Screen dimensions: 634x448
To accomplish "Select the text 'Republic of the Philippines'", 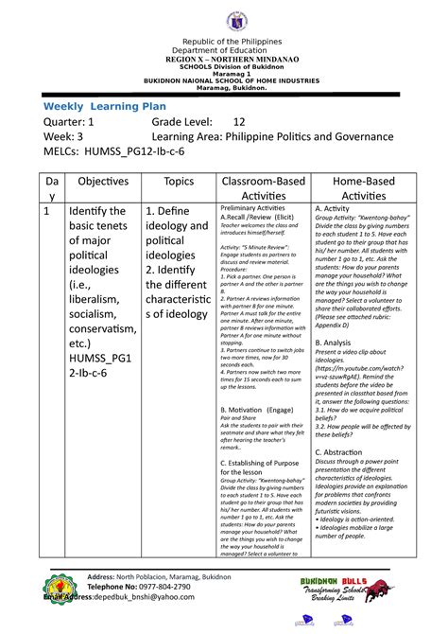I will pyautogui.click(x=224, y=45).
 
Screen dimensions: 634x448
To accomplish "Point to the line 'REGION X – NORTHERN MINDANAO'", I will pyautogui.click(x=224, y=60).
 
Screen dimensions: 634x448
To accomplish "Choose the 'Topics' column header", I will pyautogui.click(x=179, y=180).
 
